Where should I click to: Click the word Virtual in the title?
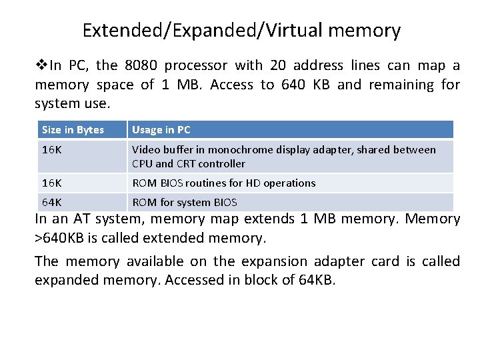coord(291,30)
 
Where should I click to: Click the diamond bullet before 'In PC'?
coord(41,65)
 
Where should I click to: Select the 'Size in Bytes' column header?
coord(73,130)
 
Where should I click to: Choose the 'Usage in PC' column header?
coord(161,130)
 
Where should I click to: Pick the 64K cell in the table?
coord(51,202)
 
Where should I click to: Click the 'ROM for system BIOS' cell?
coord(185,202)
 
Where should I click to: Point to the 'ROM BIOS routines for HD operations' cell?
coord(224,183)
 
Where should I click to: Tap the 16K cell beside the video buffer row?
coord(51,150)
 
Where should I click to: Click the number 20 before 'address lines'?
coord(278,65)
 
